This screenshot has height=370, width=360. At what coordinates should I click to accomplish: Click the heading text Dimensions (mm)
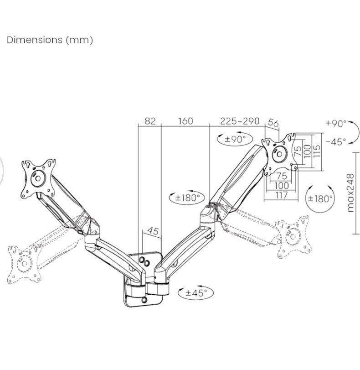(x=50, y=40)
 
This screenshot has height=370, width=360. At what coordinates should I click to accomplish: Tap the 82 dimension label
(x=150, y=121)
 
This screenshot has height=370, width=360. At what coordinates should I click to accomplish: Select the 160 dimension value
(x=185, y=121)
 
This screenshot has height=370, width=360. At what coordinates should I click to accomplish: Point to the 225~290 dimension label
(x=240, y=121)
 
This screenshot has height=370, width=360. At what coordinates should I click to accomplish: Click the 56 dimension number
(x=273, y=123)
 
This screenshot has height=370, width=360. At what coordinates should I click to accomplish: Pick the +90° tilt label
(x=336, y=123)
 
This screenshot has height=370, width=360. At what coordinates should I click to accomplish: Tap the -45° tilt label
(x=336, y=142)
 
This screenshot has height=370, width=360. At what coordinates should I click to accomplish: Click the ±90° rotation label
(x=235, y=139)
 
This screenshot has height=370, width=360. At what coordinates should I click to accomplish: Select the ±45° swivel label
(x=196, y=293)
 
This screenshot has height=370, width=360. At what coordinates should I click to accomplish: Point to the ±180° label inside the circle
(x=320, y=198)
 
